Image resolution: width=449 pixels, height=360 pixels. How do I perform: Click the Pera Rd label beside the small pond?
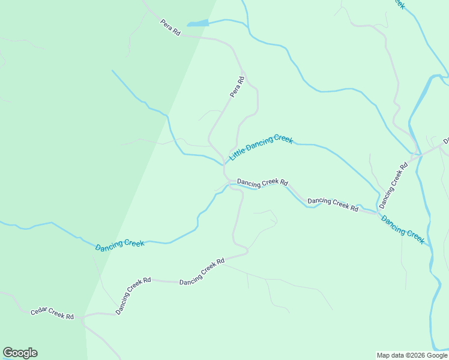[x=170, y=28]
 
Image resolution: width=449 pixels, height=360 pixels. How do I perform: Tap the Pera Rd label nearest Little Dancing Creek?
[x=238, y=86]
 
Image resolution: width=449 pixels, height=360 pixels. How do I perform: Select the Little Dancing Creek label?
[x=261, y=147]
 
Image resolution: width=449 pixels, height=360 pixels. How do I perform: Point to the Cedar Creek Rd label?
[x=53, y=314]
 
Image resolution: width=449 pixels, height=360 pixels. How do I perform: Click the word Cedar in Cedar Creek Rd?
[x=40, y=313]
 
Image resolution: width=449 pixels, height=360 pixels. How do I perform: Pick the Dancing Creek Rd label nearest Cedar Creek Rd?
[x=133, y=295]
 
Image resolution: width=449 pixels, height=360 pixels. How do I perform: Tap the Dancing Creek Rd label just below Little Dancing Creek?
[x=262, y=182]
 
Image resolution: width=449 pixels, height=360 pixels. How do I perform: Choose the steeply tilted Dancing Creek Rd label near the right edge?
[x=393, y=181]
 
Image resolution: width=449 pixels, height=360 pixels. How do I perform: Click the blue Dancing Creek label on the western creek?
[x=120, y=244]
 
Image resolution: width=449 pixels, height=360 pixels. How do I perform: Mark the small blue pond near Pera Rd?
[x=197, y=23]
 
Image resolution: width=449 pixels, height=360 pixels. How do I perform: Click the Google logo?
[x=20, y=353]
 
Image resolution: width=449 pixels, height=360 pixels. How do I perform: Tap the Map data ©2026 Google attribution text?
[x=412, y=355]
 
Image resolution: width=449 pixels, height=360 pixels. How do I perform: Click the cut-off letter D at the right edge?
[x=446, y=141]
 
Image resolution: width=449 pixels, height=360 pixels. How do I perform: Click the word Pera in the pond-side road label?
[x=166, y=25]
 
